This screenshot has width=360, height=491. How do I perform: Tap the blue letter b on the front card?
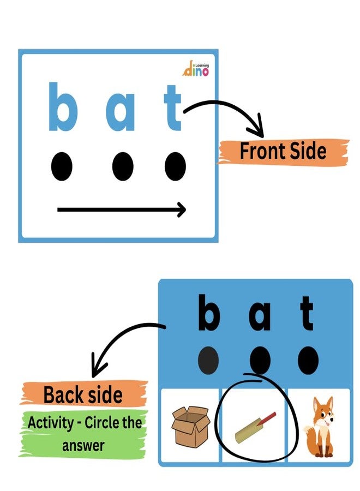coord(63,106)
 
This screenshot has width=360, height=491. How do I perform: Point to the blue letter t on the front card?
coord(173,107)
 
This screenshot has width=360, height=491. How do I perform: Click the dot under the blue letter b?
coord(62,166)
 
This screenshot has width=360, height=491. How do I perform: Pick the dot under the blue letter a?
coord(123,166)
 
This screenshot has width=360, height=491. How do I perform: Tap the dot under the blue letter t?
coord(175,166)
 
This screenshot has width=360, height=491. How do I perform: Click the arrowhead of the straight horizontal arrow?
coord(182,209)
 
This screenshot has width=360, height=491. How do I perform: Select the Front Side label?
coord(283,151)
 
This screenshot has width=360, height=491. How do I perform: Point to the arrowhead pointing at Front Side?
coord(257,127)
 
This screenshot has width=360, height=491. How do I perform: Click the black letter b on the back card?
coord(209,313)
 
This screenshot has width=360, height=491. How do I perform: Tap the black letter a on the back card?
coord(260,317)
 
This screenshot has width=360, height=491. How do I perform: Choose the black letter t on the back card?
coord(307,313)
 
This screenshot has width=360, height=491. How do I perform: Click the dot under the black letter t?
coord(308,360)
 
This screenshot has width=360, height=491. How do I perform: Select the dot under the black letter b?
coord(208,360)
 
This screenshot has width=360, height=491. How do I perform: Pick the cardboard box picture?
coord(190,427)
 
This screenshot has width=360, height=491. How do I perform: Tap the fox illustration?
coord(319,427)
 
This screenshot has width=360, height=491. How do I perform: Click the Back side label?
coord(83,394)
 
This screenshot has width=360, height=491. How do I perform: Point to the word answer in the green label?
coord(83,445)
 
